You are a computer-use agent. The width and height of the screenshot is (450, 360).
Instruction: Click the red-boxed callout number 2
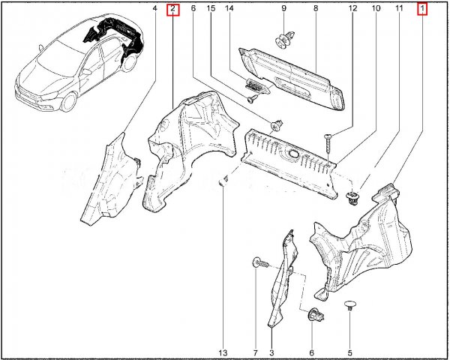[172, 8]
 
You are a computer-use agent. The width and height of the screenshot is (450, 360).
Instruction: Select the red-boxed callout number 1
[422, 8]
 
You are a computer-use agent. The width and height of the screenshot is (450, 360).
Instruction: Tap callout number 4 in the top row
[154, 8]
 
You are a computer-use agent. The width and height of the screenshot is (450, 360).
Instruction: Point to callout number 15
[211, 8]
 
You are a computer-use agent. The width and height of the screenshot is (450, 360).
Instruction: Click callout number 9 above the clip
[283, 8]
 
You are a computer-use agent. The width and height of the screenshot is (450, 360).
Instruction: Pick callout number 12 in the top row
[352, 8]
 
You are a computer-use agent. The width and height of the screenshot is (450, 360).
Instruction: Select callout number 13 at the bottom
[223, 352]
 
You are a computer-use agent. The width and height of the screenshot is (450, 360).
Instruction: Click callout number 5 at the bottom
[349, 352]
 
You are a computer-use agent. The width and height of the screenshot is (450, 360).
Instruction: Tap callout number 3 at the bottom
[271, 352]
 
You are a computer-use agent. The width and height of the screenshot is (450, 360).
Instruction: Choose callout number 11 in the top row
[399, 8]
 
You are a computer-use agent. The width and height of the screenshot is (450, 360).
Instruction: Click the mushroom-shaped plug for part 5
[350, 305]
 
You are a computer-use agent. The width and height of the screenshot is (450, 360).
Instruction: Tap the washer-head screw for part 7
[260, 262]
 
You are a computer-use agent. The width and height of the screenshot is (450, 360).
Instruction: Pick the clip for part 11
[352, 198]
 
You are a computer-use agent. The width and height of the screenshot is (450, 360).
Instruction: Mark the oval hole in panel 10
[293, 154]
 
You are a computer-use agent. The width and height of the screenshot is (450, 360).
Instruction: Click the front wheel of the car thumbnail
[70, 102]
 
